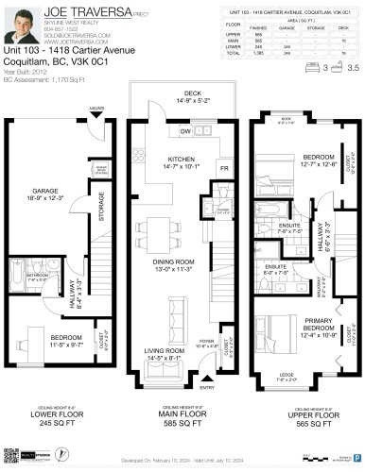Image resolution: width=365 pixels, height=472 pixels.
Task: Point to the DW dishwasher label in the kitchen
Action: [185, 131]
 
